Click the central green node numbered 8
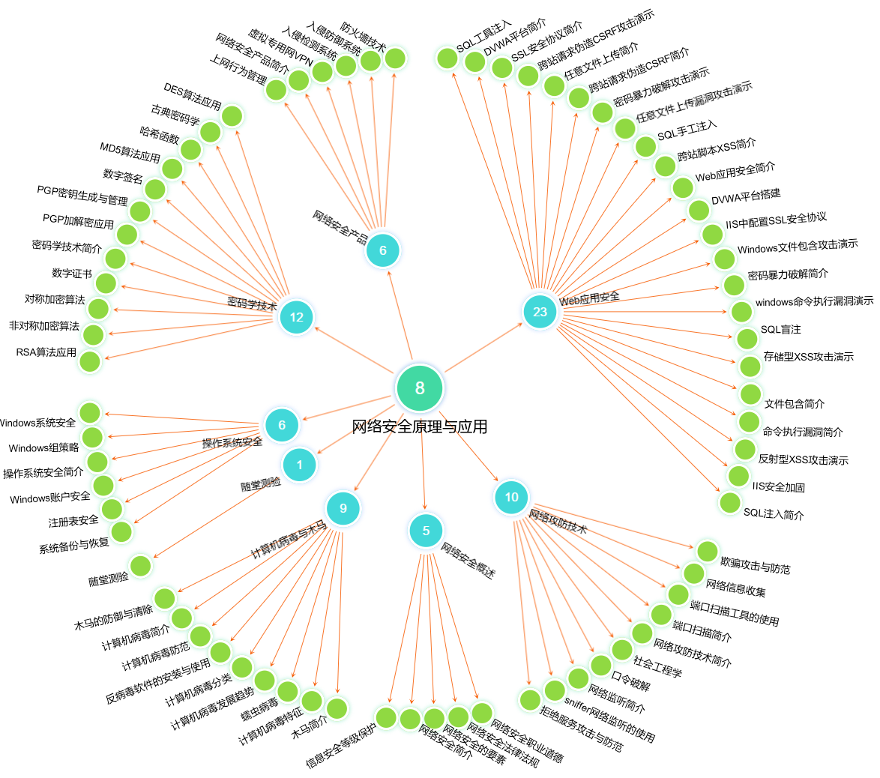[420, 388]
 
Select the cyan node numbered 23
[540, 312]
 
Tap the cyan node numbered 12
[296, 317]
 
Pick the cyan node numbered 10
[511, 497]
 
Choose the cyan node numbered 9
[343, 508]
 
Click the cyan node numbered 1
[299, 465]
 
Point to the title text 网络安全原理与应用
[420, 426]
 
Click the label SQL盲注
[780, 330]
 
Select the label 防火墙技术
[363, 37]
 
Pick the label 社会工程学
[657, 666]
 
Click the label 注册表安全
[73, 521]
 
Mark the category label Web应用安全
[589, 298]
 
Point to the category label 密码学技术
[252, 304]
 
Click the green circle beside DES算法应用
[232, 116]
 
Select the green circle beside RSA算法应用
[90, 361]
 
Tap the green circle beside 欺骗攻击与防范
[708, 552]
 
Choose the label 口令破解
[630, 681]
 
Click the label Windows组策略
[43, 448]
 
